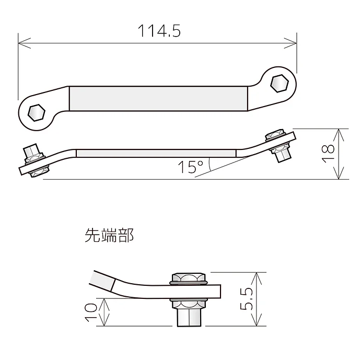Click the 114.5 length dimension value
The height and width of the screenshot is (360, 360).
click(159, 31)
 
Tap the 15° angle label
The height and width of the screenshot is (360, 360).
click(190, 167)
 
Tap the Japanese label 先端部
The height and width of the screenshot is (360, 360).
click(109, 236)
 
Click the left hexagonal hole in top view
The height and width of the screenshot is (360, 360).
click(36, 111)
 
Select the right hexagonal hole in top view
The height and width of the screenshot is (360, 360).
click(280, 83)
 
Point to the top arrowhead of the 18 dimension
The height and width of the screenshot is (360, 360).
click(340, 132)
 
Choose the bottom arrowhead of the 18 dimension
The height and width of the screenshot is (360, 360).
click(340, 177)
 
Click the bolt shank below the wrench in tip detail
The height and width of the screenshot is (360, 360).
click(189, 315)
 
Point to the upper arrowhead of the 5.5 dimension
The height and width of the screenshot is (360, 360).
click(256, 275)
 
